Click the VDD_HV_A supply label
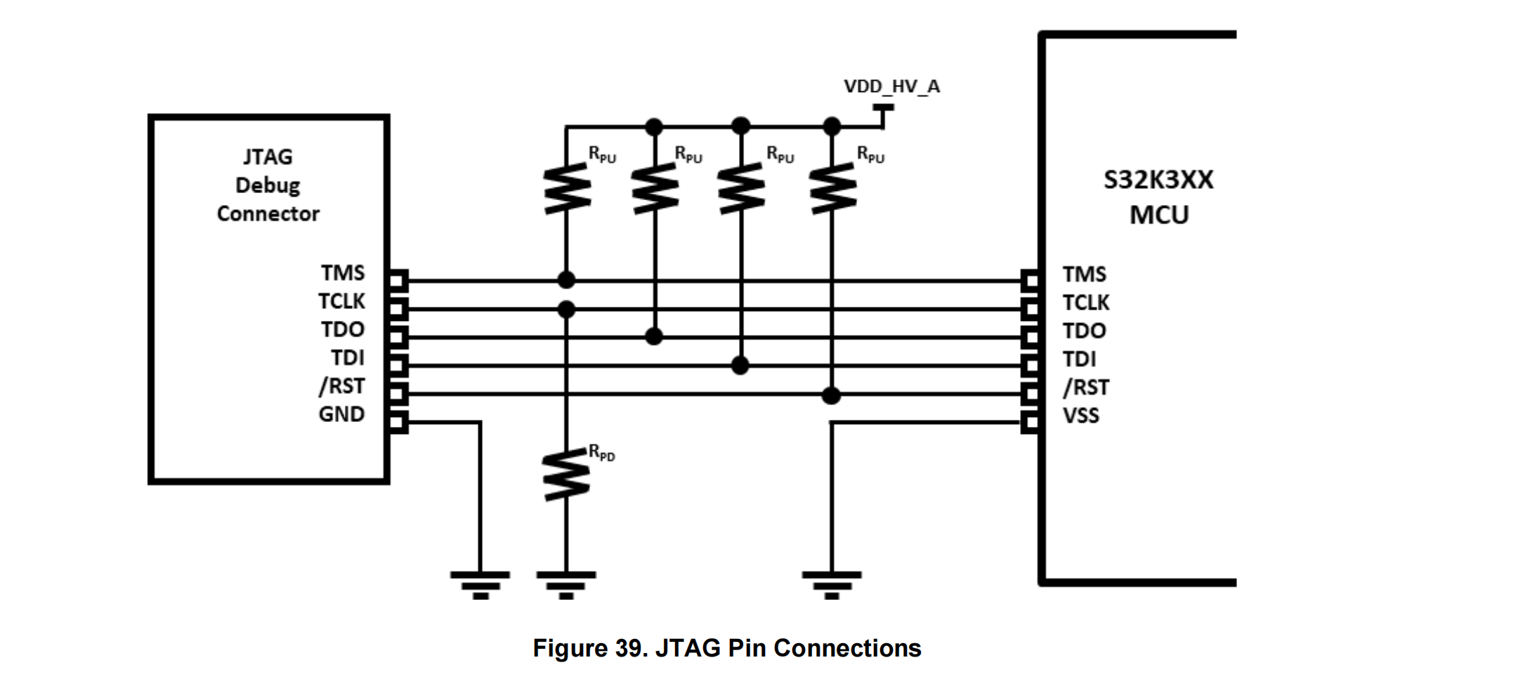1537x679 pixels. point(891,86)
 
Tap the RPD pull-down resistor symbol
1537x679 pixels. point(566,475)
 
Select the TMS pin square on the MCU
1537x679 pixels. point(1031,281)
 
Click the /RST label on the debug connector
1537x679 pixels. point(341,386)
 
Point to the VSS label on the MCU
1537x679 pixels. point(1080,416)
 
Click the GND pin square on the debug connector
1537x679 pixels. point(397,423)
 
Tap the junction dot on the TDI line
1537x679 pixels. point(740,365)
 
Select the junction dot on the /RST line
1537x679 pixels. point(831,395)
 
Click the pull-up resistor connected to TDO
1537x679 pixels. point(655,187)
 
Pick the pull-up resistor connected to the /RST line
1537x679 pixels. point(832,187)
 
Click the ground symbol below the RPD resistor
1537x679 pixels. point(566,584)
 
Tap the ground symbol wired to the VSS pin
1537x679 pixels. point(832,584)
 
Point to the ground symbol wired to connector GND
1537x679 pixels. point(480,584)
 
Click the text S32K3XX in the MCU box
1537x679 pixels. point(1158,180)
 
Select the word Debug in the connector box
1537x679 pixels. point(268,185)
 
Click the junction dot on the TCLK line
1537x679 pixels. point(566,309)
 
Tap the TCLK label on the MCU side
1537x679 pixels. point(1085,303)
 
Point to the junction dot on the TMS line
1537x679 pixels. point(566,280)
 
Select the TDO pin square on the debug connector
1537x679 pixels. point(397,337)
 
